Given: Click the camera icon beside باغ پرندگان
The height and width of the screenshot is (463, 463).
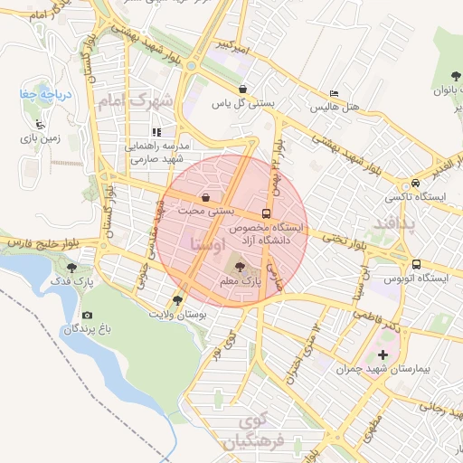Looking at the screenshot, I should coord(87,315).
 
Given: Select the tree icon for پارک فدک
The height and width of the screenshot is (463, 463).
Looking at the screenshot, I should coord(71,267).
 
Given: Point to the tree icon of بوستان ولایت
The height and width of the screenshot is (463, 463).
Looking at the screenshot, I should coord(177,299).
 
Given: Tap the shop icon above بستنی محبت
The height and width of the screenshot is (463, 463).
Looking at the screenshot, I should coord(207,196).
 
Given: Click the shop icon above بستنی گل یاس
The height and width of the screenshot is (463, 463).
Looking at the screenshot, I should coord(243,89).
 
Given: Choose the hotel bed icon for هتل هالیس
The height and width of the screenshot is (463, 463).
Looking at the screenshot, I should coord(335,93).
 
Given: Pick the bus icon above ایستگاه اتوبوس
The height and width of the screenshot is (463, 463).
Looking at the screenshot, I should coord(416,264).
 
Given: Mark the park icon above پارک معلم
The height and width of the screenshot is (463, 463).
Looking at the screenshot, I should coord(240,266).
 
